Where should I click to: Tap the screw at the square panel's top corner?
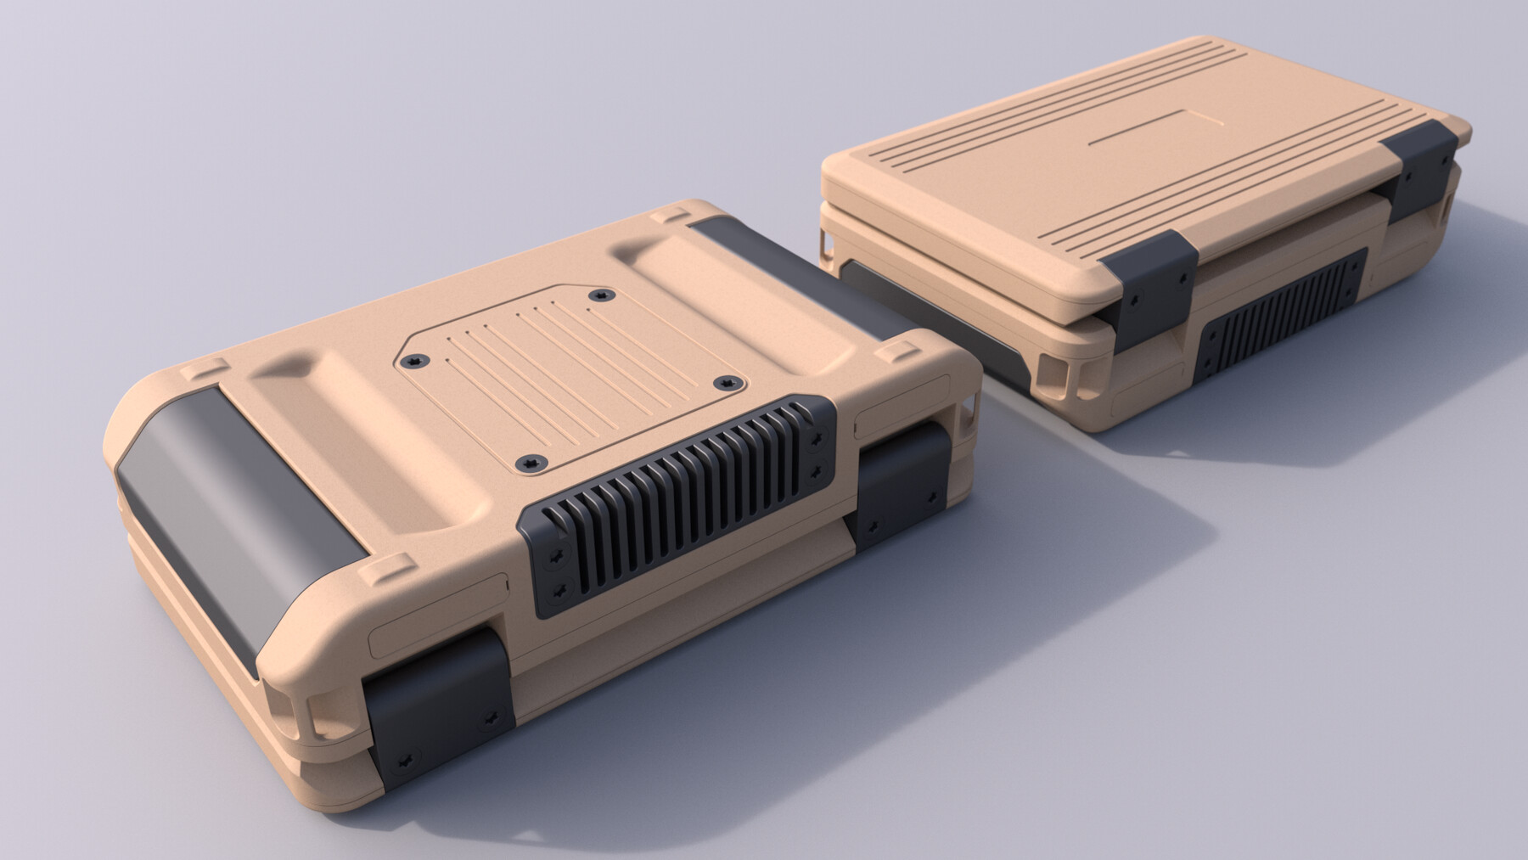coord(602,295)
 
